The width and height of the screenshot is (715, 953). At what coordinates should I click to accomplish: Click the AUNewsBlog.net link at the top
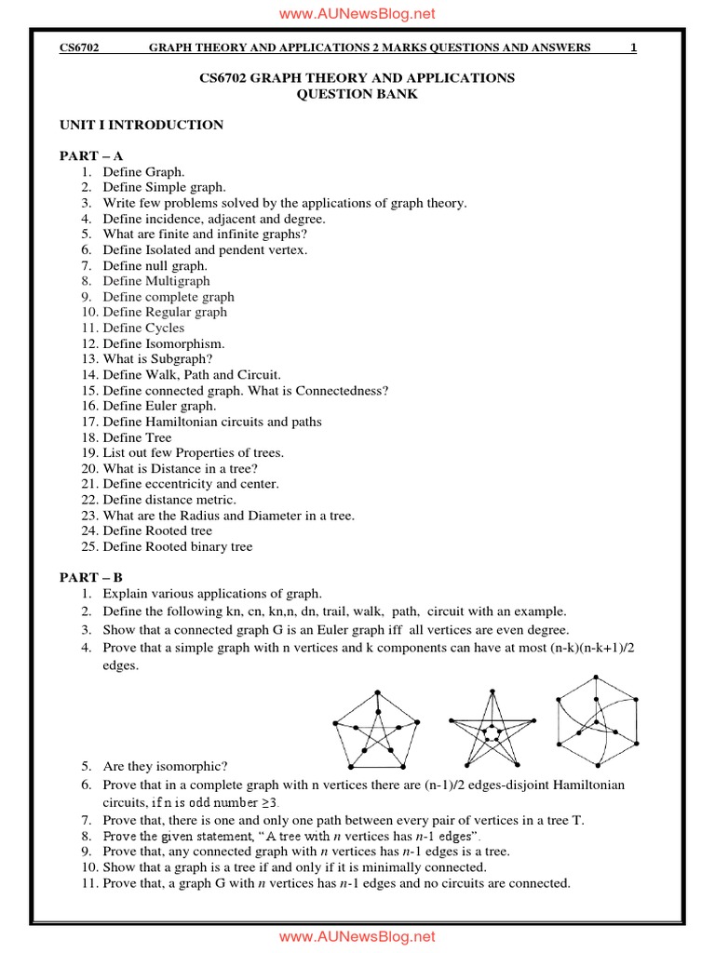pyautogui.click(x=357, y=13)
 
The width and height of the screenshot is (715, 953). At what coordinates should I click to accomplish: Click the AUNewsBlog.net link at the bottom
pyautogui.click(x=357, y=936)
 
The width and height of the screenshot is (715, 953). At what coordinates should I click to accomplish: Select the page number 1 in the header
pyautogui.click(x=633, y=47)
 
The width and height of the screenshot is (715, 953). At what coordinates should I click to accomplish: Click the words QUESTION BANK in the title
pyautogui.click(x=357, y=94)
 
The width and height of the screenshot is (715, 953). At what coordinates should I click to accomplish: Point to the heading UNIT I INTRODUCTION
pyautogui.click(x=142, y=125)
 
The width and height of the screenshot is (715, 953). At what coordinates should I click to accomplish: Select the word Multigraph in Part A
pyautogui.click(x=178, y=281)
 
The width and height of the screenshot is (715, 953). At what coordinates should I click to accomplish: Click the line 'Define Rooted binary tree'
pyautogui.click(x=178, y=546)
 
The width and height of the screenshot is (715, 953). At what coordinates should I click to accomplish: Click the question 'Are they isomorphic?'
pyautogui.click(x=166, y=767)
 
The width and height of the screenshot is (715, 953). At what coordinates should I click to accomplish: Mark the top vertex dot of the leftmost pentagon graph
pyautogui.click(x=377, y=691)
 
